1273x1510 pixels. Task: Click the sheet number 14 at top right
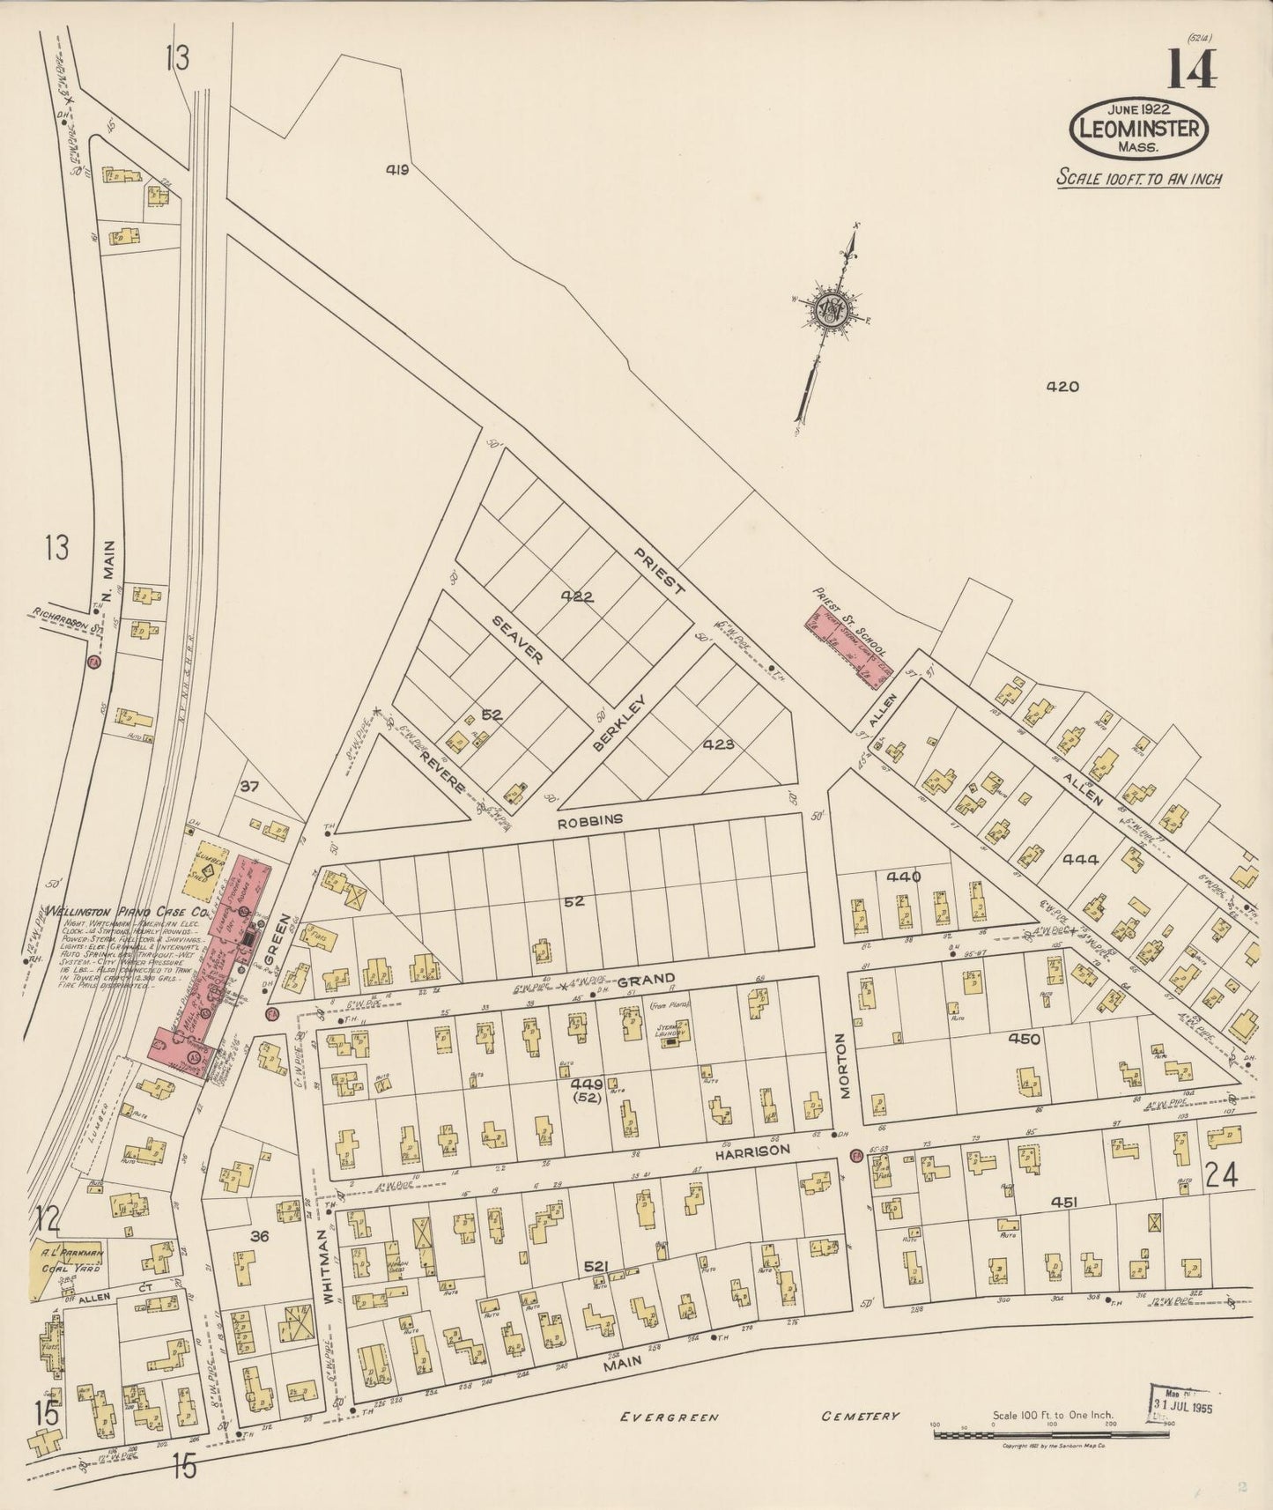1193,69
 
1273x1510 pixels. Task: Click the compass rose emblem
830,309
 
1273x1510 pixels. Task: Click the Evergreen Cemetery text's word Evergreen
670,1417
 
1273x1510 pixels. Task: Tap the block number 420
1062,386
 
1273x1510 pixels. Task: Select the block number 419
397,170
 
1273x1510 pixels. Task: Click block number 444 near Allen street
1080,860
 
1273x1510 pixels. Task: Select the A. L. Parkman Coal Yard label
70,1260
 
